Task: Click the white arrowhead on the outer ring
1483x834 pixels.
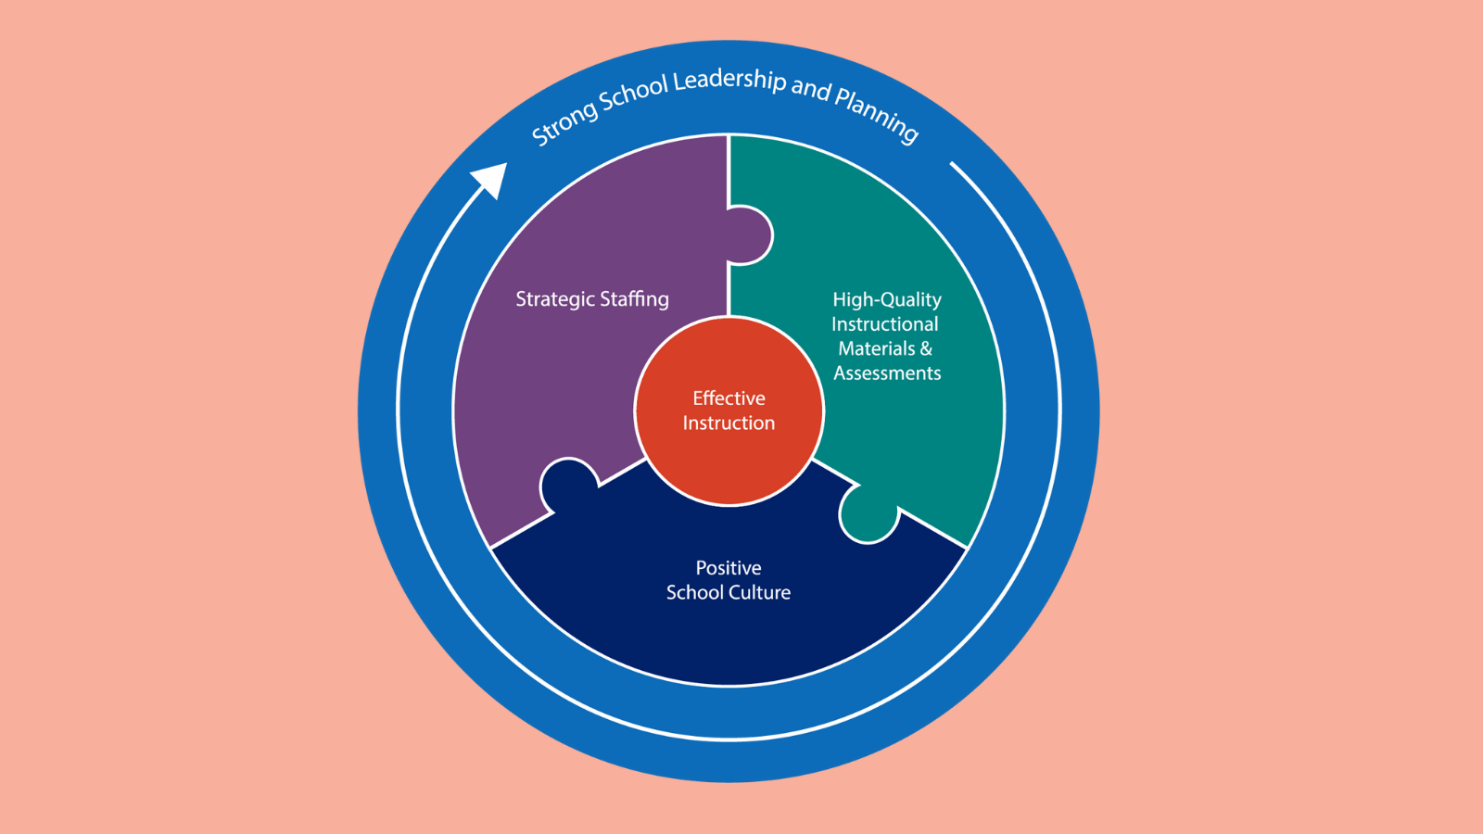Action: click(492, 178)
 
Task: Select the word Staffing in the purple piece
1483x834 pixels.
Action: click(634, 299)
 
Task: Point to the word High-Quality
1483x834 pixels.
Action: click(886, 299)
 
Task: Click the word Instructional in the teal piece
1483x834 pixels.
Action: click(884, 324)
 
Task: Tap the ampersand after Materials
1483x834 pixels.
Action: click(926, 348)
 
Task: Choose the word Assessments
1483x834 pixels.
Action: click(887, 373)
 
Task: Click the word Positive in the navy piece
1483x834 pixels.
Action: click(729, 568)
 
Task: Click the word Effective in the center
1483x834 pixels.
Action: click(729, 398)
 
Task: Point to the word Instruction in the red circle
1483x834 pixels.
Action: click(729, 423)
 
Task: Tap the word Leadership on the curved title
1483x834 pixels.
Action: click(729, 80)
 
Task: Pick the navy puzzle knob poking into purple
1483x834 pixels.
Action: click(567, 482)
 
